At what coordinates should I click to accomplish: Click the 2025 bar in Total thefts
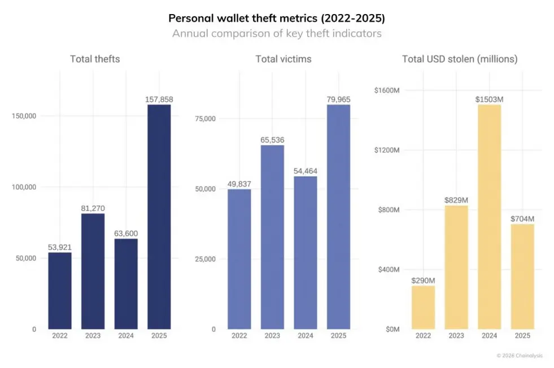click(x=159, y=217)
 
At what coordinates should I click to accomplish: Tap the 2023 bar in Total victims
click(x=272, y=237)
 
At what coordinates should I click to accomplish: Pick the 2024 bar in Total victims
click(x=306, y=253)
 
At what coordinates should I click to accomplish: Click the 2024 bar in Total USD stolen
click(x=489, y=217)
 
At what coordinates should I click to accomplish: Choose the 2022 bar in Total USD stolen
click(x=423, y=307)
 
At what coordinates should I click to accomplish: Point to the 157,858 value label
click(x=159, y=99)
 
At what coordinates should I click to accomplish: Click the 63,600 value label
click(x=126, y=233)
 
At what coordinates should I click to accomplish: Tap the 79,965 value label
click(x=338, y=99)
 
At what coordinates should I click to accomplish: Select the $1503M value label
click(x=489, y=99)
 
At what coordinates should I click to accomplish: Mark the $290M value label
click(x=423, y=281)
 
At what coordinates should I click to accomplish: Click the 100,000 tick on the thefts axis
click(x=24, y=187)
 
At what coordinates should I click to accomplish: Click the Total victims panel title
click(x=283, y=59)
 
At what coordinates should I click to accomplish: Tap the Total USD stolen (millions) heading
click(x=460, y=59)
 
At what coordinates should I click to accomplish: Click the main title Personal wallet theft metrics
click(x=277, y=18)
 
